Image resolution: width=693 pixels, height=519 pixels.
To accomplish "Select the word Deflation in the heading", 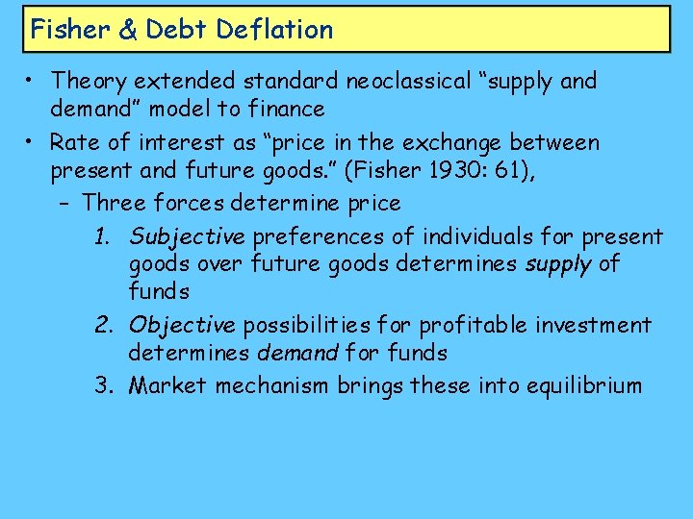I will point(274,30).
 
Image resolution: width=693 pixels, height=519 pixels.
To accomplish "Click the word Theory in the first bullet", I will point(92,81).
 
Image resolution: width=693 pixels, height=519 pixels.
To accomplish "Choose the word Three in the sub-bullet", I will point(115,203).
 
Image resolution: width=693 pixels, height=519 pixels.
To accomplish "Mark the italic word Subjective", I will point(186,236).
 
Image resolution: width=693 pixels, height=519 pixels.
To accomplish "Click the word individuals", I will point(477,236).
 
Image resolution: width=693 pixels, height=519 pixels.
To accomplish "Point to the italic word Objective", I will point(182,326).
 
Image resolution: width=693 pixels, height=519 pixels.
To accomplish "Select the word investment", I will point(596,326).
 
